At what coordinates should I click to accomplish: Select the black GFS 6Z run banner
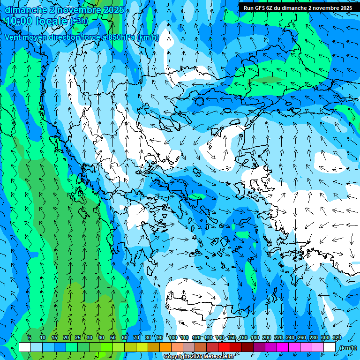point(298,7)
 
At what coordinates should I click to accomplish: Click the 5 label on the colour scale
point(29,338)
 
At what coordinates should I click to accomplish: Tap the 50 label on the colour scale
point(113,338)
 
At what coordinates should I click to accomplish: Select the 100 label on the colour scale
point(173,338)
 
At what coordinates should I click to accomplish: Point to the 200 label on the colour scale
point(267,338)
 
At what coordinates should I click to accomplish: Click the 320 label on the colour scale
point(337,338)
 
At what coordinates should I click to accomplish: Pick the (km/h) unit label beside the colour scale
point(348,348)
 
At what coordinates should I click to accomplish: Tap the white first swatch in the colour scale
point(25,347)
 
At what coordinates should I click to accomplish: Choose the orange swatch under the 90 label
point(165,347)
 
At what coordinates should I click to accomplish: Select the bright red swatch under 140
point(224,347)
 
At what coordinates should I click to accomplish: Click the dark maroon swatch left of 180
point(247,347)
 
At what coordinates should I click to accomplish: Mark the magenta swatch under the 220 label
point(283,347)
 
